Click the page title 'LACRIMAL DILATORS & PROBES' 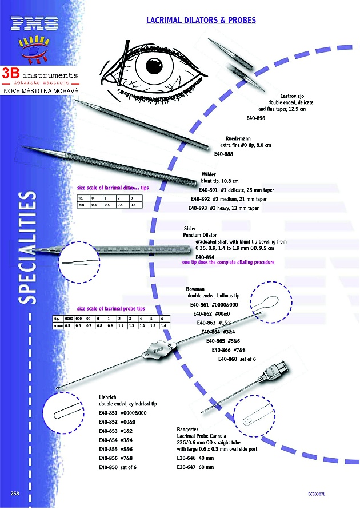pos(200,20)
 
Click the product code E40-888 pos(224,153)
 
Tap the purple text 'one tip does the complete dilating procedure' pos(228,262)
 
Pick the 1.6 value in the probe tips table pos(163,325)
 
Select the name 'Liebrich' pos(109,396)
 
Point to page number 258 pos(15,492)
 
